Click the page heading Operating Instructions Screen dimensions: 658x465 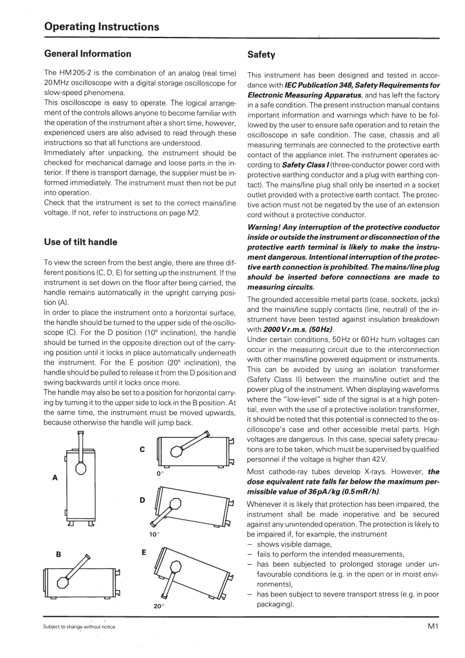(x=101, y=27)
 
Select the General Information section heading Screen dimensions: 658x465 (x=88, y=54)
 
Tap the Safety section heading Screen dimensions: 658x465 (x=261, y=55)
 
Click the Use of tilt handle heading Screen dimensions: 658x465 (x=81, y=242)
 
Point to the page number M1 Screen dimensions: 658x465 (x=433, y=626)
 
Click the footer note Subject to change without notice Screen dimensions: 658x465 (x=79, y=627)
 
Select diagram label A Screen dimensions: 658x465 (x=55, y=478)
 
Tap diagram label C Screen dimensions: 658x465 (x=142, y=449)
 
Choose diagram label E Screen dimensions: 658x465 (x=144, y=553)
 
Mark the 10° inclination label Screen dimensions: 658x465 (x=154, y=534)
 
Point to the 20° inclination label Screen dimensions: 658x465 (x=158, y=606)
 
